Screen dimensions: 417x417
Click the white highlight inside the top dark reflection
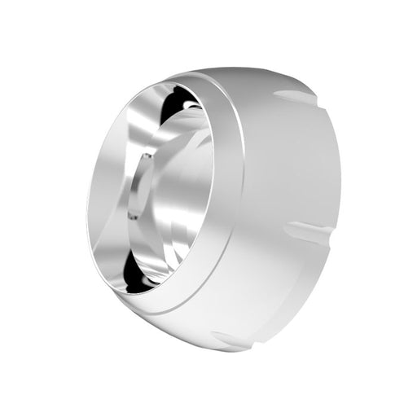click(x=189, y=104)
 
